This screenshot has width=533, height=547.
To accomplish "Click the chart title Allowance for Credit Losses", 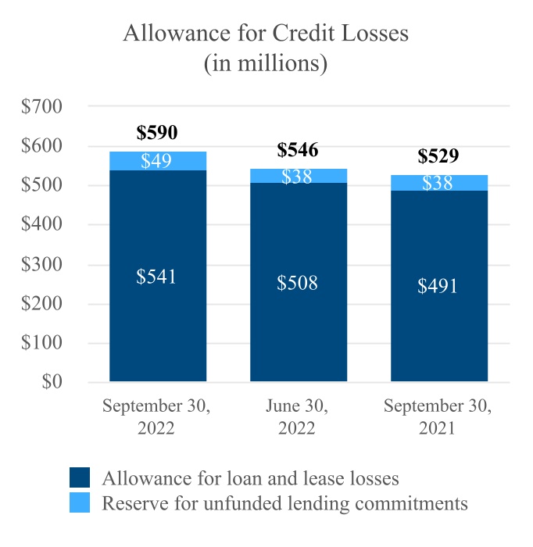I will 266,34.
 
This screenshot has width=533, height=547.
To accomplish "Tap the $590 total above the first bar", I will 157,132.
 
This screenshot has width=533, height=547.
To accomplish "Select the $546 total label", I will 298,150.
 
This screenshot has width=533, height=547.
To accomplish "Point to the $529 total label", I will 438,156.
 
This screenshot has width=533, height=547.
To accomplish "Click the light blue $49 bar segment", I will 158,161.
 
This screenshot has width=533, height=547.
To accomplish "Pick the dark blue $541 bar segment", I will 158,276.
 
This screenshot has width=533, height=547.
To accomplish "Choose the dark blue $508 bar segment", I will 298,282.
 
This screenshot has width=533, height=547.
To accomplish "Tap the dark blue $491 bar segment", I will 438,285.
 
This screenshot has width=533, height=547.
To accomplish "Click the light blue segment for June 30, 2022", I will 298,176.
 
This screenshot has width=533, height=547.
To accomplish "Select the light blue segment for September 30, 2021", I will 438,183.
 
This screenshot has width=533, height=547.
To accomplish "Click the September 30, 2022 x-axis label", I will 157,417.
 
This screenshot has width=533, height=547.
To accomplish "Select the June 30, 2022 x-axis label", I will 298,417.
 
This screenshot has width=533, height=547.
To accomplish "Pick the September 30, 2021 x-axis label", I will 438,417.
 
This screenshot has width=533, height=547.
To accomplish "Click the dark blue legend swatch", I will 80,478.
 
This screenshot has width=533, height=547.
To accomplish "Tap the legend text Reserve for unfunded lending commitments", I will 284,502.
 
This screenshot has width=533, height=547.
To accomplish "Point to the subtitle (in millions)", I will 266,63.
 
